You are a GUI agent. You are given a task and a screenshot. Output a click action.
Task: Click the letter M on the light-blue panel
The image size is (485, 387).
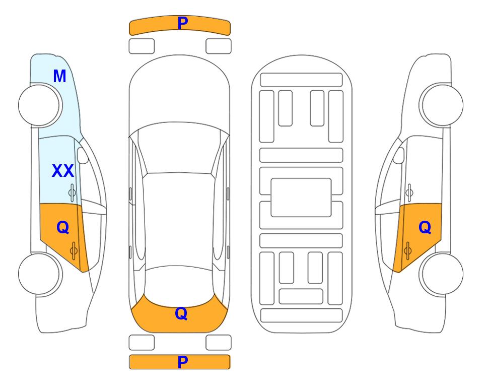[60, 76]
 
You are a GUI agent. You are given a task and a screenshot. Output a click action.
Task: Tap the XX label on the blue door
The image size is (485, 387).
[63, 171]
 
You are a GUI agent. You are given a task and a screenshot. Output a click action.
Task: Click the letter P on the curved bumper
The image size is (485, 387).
[183, 23]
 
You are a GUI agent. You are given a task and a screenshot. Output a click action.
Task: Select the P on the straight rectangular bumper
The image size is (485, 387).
[183, 362]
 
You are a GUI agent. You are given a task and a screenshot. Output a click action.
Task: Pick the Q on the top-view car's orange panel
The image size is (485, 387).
[181, 313]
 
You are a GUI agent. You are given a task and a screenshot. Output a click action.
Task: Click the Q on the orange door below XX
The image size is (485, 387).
[63, 228]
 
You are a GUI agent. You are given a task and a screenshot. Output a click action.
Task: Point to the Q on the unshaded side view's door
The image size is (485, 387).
[425, 228]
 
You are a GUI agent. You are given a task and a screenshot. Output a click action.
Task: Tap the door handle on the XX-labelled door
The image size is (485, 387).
[72, 192]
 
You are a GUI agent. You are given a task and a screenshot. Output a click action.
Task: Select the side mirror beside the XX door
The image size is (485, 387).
[83, 155]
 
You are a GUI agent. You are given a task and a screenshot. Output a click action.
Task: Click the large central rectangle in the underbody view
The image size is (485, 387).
[301, 198]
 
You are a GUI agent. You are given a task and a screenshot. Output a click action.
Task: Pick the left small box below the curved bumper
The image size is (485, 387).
[142, 46]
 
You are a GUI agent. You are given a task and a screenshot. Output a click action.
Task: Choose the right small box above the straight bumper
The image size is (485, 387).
[219, 343]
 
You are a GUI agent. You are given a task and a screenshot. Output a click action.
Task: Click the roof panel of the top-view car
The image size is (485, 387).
[179, 220]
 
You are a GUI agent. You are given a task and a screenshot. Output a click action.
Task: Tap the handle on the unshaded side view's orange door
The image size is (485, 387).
[407, 250]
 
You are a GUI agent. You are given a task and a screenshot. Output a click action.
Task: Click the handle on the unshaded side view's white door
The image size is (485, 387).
[409, 192]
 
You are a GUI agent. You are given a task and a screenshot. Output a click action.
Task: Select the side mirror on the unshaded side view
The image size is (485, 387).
[399, 155]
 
